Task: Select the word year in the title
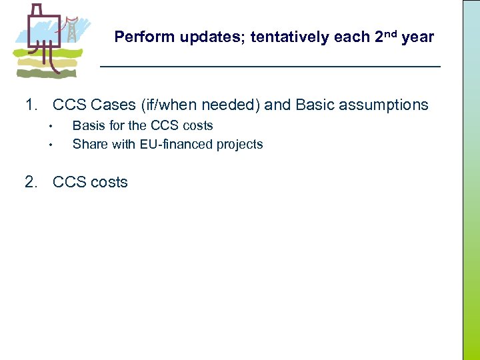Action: pos(417,38)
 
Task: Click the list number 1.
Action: pos(31,105)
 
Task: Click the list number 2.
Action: pos(31,183)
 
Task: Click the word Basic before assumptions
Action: pos(315,105)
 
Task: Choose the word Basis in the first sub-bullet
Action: pos(87,125)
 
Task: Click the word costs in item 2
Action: pos(109,183)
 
